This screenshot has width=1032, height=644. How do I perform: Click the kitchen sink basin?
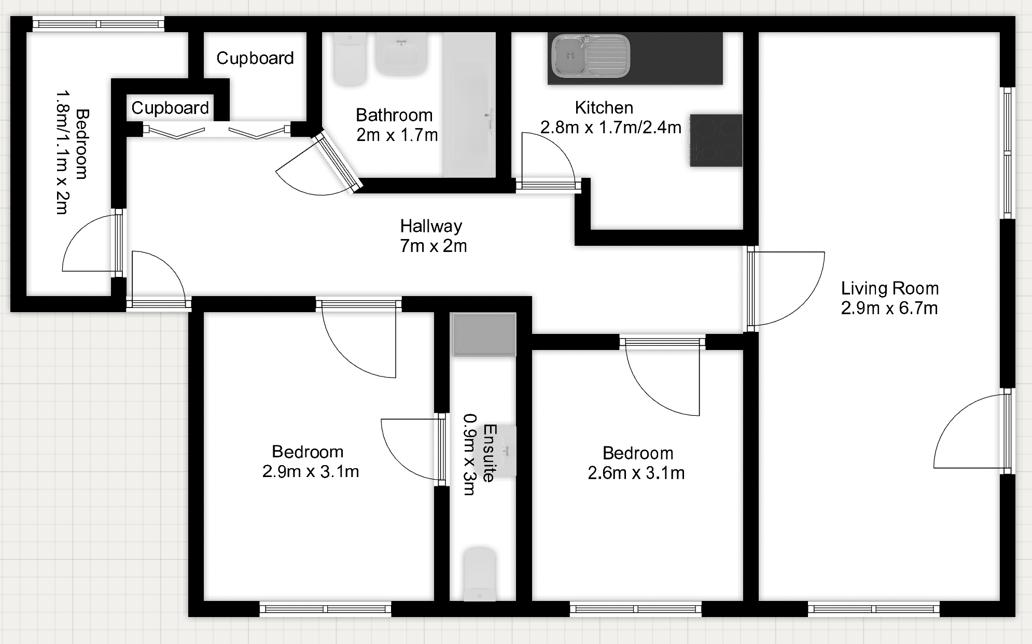tap(590, 55)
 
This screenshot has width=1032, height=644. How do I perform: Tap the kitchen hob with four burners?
tap(716, 141)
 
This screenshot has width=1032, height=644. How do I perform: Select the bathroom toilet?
tap(350, 59)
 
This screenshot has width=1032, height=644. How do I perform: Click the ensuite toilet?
tap(480, 575)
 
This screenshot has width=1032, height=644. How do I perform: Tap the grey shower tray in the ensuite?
tap(484, 334)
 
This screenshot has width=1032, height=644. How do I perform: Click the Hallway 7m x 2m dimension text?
tap(433, 246)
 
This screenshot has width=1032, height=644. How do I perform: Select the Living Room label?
tap(890, 288)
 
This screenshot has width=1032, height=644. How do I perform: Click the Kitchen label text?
tap(604, 108)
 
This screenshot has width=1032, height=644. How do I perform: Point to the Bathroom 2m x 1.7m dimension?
tap(397, 135)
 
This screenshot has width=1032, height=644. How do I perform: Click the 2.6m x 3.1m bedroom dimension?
tap(636, 473)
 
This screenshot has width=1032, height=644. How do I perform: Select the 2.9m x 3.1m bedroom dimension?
tap(311, 472)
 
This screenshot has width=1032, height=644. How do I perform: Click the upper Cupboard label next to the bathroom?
tap(255, 58)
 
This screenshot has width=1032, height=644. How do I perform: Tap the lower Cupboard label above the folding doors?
tap(170, 108)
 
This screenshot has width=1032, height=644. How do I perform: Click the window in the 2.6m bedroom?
tap(636, 609)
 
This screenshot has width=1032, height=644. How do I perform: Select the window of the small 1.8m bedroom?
tap(99, 24)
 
